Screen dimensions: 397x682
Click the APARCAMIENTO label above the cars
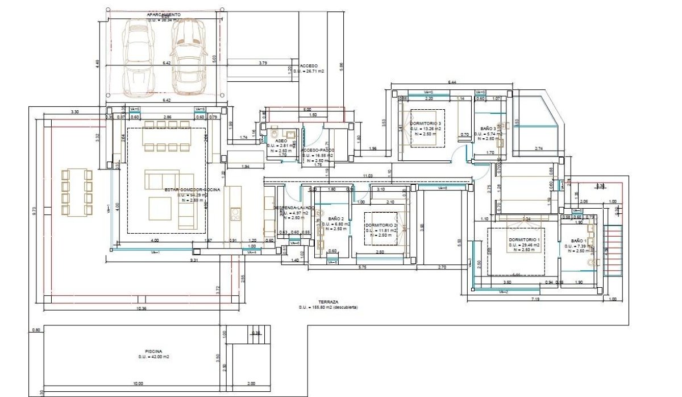click(164, 14)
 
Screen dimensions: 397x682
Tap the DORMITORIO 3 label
click(425, 123)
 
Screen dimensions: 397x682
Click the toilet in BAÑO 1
click(592, 263)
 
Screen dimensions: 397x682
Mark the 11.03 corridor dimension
click(368, 176)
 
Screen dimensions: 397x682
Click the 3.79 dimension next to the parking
click(263, 62)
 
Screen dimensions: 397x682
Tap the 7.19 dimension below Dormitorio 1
click(535, 299)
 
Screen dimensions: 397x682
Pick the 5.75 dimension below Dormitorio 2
click(362, 267)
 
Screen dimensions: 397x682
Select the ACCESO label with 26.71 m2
click(309, 66)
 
